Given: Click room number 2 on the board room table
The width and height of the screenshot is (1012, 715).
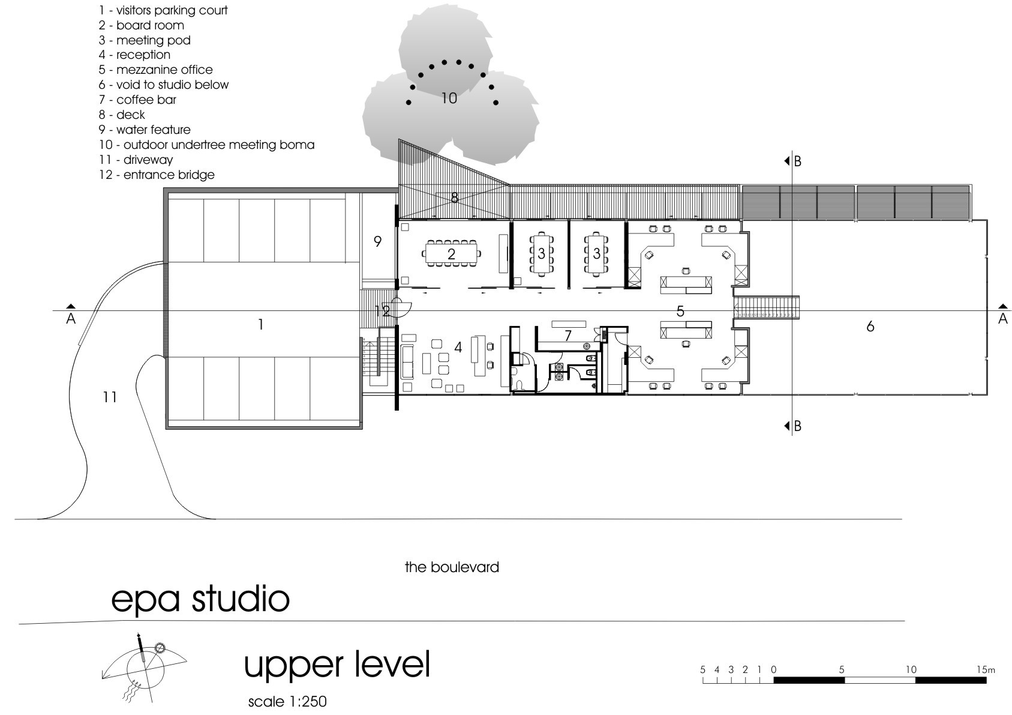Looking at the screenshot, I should click(x=451, y=255).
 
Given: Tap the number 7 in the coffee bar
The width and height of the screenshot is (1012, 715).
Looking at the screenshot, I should click(x=567, y=336).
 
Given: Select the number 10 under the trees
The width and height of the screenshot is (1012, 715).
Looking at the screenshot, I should click(x=449, y=98).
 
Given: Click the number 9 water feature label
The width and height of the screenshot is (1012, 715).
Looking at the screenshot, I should click(x=377, y=242).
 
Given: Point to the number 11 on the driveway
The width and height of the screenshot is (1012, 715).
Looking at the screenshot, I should click(x=109, y=397).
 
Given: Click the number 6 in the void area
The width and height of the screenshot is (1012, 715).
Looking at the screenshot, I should click(x=870, y=327).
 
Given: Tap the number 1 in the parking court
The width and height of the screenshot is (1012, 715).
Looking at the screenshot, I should click(x=260, y=325).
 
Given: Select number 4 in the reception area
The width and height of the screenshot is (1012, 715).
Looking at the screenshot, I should click(x=458, y=348).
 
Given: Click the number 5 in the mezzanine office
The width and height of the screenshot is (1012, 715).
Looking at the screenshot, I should click(x=680, y=311).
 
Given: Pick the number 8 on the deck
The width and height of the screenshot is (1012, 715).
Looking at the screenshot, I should click(x=454, y=198).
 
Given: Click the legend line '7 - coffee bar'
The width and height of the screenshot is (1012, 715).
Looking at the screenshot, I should click(x=137, y=100).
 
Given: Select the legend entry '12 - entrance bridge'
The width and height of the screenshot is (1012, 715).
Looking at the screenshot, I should click(x=157, y=175).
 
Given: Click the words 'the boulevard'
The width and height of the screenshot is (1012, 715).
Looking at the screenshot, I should click(x=452, y=567).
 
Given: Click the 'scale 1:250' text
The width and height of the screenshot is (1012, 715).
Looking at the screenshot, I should click(x=287, y=701).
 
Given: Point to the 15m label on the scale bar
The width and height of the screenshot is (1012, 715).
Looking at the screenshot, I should click(x=986, y=669).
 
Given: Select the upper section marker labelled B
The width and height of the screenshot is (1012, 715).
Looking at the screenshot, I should click(x=793, y=161).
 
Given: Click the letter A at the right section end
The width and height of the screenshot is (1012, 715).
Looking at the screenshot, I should click(x=1002, y=319).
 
